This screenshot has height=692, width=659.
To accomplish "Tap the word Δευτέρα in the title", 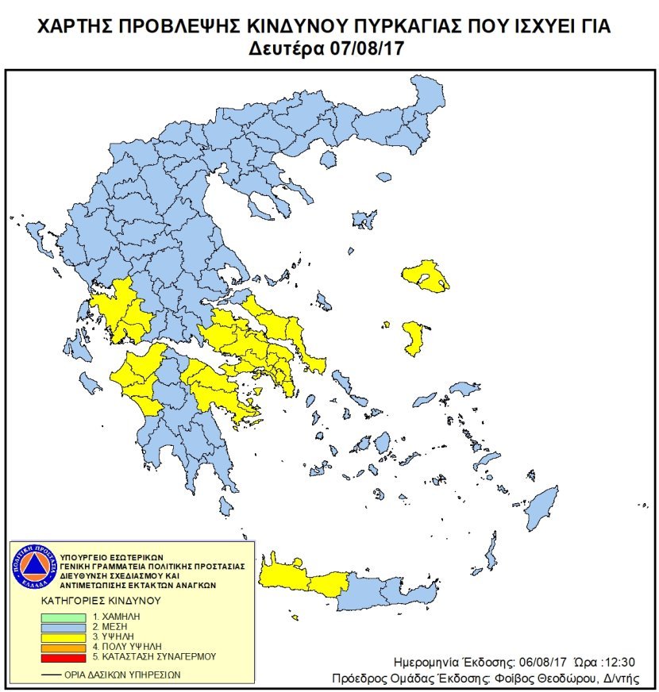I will tap(287, 48).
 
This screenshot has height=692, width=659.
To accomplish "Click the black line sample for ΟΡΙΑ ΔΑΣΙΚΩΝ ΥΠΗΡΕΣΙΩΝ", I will tap(52, 675).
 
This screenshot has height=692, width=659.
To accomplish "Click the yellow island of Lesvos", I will tap(426, 275).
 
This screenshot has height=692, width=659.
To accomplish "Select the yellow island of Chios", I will tap(414, 337).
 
